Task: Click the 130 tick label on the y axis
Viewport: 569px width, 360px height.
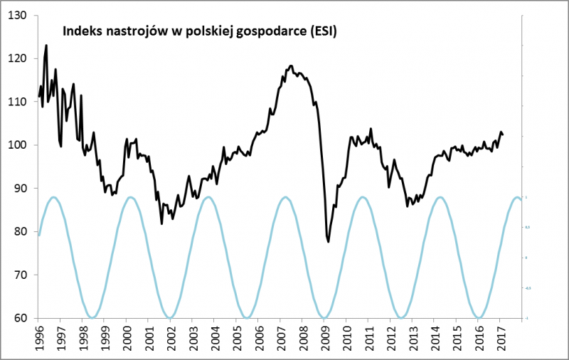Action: coord(16,15)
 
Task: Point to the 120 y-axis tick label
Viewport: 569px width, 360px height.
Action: coord(16,58)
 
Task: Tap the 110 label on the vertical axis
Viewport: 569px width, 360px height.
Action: coord(16,102)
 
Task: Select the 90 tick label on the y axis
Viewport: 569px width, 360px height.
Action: coord(19,189)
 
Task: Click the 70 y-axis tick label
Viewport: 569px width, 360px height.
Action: coord(19,275)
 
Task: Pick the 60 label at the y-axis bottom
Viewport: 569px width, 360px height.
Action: coord(19,318)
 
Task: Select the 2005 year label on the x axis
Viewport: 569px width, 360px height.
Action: coord(237,339)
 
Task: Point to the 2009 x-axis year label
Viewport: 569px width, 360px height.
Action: coord(324,339)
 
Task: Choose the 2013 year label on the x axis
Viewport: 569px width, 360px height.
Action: coord(413,339)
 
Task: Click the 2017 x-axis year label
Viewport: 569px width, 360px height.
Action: coord(500,339)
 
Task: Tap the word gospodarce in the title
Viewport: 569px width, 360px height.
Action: coord(271,32)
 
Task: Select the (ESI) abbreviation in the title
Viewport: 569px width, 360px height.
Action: coord(321,31)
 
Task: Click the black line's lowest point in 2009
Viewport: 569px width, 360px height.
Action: coord(329,242)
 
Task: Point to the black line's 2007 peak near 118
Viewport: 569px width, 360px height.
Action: coord(291,65)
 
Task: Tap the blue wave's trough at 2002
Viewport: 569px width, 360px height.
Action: coord(170,317)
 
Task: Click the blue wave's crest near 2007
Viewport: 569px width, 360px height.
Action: coord(285,197)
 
